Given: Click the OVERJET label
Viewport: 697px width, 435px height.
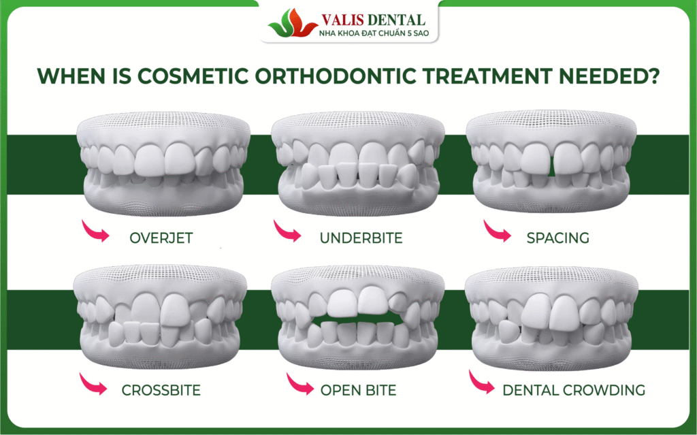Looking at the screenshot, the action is coord(161,238).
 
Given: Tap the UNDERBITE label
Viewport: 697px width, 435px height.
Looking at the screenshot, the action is coord(361,238).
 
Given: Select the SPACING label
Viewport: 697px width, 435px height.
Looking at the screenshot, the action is coord(558,238).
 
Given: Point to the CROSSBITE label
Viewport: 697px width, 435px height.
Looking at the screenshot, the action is coord(161,390).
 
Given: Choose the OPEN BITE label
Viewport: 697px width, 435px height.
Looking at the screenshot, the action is coord(358,390).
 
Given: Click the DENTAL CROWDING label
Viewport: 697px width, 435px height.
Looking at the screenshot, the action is coord(574,390).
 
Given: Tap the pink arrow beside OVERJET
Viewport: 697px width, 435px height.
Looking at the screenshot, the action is coord(95,231).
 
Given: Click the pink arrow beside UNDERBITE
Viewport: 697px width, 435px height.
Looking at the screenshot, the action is coord(287,231).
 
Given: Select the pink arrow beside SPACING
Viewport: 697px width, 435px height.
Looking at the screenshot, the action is coord(497,231).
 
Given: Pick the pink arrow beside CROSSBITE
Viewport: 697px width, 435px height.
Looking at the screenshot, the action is coord(93,384).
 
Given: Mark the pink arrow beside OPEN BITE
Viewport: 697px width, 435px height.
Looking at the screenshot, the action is coord(299,384).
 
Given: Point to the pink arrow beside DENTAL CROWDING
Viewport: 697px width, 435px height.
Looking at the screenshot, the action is coord(481,383).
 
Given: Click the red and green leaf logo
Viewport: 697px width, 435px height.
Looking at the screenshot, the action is coord(293,23).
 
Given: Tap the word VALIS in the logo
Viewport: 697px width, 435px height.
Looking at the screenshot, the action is coord(343,20).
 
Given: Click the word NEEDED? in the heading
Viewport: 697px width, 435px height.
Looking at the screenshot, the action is coord(609,76).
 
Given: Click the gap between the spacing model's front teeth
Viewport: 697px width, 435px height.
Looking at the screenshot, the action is coord(552,161).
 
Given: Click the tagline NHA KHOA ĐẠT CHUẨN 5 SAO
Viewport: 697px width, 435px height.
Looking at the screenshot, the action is coord(374,33).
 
